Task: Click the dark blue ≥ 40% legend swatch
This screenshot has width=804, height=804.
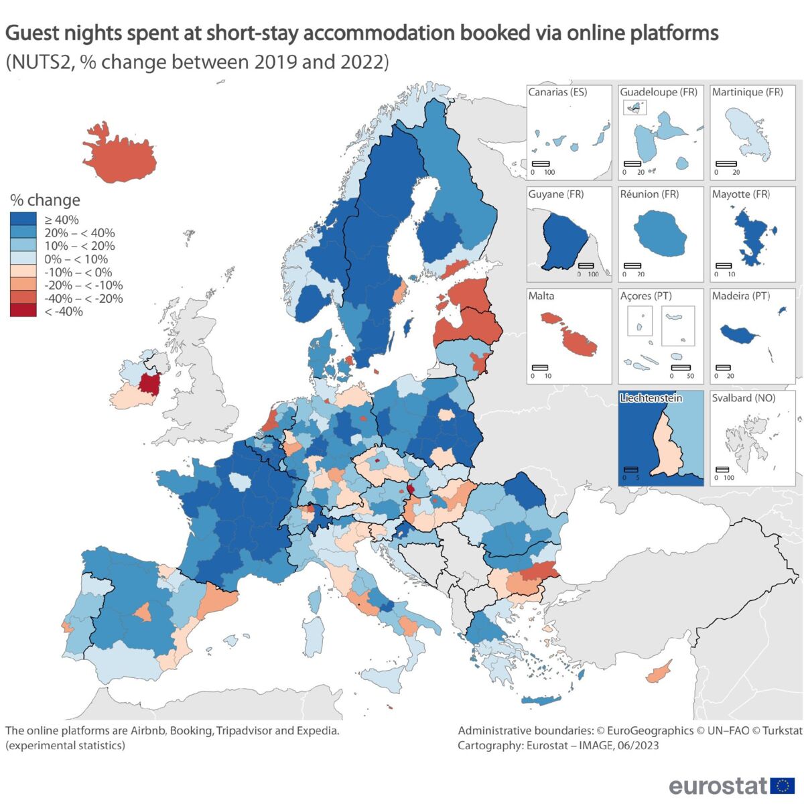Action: (23, 219)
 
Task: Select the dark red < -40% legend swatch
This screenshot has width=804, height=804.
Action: (23, 311)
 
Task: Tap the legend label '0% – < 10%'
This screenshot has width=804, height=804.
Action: (76, 259)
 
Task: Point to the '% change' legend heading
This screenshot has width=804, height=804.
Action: (45, 200)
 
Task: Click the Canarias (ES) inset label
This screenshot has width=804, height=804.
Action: (557, 92)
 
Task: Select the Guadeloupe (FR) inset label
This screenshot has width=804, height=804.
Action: (659, 92)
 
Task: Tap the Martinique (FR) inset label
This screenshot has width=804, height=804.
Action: (747, 92)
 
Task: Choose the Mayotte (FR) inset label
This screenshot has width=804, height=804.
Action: (740, 194)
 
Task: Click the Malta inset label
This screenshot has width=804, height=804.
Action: (541, 296)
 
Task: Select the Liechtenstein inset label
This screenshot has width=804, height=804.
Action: (651, 398)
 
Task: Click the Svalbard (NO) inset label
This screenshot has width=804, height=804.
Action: (743, 398)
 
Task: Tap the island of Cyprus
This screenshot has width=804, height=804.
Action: (661, 669)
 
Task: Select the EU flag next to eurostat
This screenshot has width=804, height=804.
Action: (783, 785)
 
